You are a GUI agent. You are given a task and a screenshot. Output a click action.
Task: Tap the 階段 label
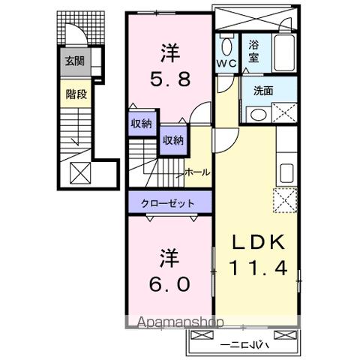[x=73, y=94]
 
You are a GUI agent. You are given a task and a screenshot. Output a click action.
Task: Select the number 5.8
[x=169, y=77]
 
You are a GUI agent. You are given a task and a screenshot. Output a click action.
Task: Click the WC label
[x=227, y=64]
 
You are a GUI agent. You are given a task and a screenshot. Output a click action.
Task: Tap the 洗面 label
[x=263, y=91]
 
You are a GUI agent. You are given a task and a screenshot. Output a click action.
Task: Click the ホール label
[x=196, y=172]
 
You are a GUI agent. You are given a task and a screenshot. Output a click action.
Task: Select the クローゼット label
[x=169, y=202]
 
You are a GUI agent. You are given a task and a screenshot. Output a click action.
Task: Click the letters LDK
[x=257, y=244]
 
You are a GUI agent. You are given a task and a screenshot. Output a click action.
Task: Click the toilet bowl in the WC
[x=227, y=45]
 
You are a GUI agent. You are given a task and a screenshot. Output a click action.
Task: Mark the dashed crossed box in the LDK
[x=284, y=201]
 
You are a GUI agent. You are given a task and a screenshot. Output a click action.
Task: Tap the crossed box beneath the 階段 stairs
[x=79, y=172]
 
